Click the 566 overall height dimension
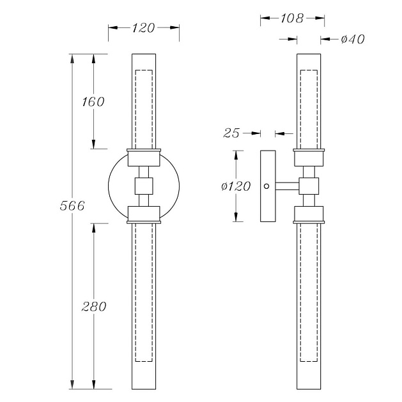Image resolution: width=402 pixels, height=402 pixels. click(x=72, y=205)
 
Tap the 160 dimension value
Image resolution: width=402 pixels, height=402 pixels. click(x=93, y=102)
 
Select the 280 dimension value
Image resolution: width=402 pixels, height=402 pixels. click(x=94, y=306)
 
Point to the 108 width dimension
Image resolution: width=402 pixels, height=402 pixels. click(x=292, y=19)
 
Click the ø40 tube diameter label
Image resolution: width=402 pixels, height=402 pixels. click(x=353, y=39)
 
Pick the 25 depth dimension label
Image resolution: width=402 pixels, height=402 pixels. click(x=231, y=133)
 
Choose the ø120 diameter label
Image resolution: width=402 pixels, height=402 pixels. click(x=236, y=186)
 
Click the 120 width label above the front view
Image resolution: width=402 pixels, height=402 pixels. click(x=144, y=27)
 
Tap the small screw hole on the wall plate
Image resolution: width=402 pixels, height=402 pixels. click(x=267, y=186)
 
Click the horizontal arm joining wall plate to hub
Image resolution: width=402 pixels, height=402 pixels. click(x=287, y=186)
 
